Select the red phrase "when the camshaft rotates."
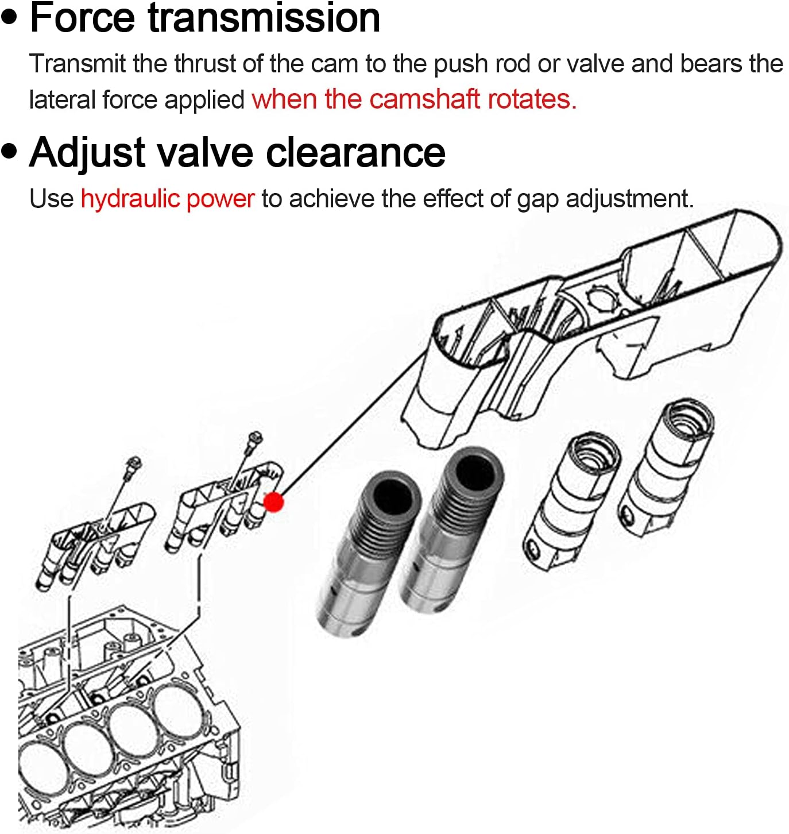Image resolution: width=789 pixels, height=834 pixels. coord(414,99)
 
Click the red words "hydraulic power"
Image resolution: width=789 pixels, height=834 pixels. coord(167,199)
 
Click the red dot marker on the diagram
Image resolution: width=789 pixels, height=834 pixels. coord(273,502)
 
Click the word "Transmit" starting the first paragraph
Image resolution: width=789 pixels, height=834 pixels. coord(77,64)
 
